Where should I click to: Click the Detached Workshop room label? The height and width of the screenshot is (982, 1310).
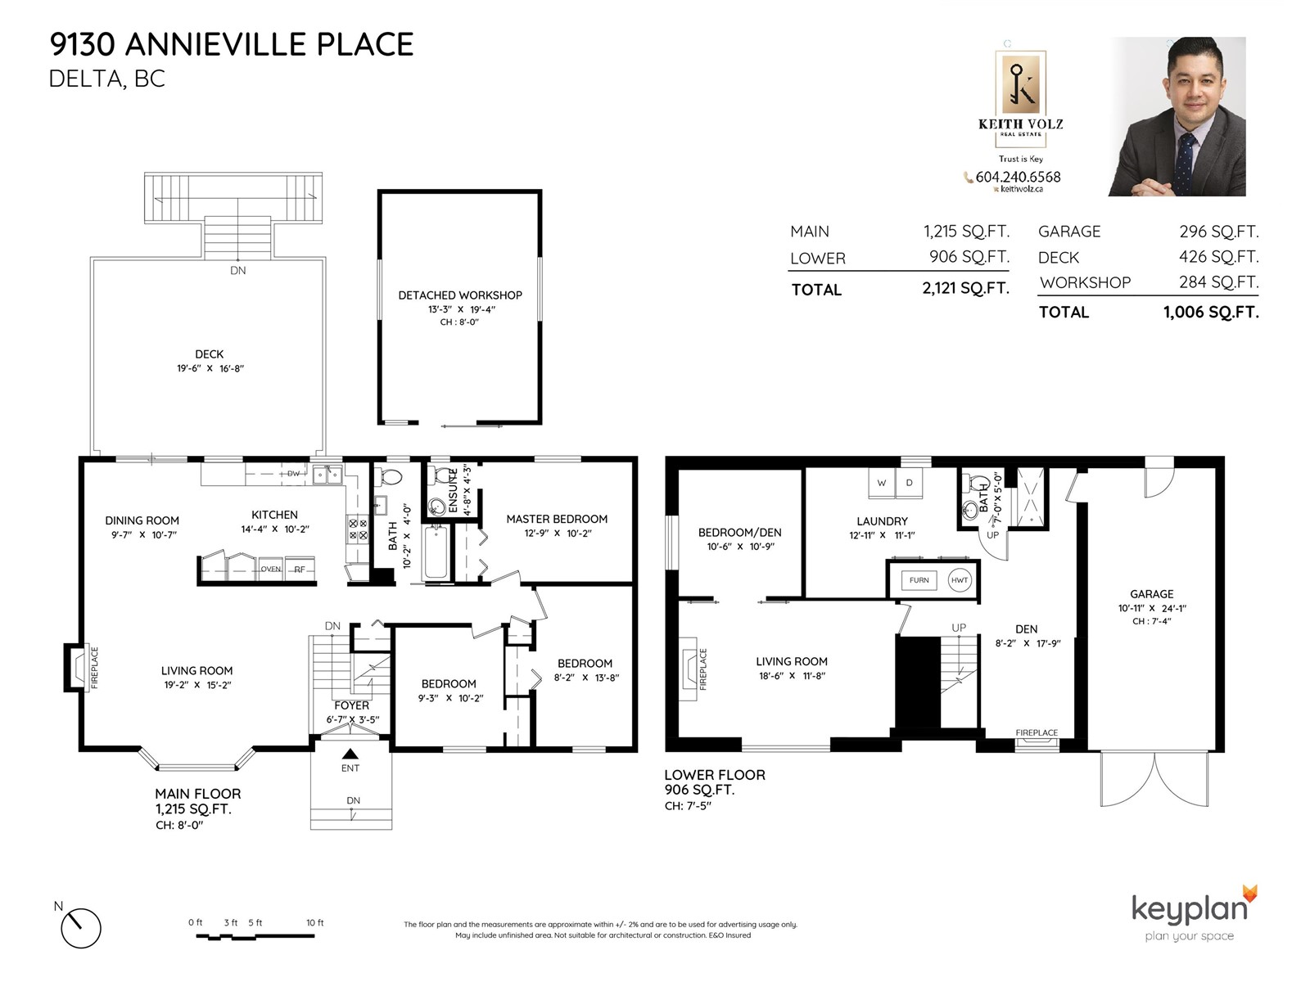click(459, 295)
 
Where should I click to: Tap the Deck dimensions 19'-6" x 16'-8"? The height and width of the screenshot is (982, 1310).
click(210, 368)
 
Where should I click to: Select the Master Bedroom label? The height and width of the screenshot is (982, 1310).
click(557, 520)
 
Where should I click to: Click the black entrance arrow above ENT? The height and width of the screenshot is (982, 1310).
click(350, 754)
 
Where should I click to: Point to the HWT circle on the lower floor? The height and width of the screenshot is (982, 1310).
click(959, 580)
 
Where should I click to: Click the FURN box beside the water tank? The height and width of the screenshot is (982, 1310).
click(919, 580)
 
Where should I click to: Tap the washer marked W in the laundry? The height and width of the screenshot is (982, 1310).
click(882, 483)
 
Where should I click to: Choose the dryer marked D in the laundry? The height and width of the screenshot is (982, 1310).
click(909, 483)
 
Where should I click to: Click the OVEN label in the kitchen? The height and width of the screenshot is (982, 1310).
click(270, 569)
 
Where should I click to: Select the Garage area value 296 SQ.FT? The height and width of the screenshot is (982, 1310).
click(1218, 232)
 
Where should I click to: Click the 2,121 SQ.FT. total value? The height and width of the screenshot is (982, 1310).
click(965, 289)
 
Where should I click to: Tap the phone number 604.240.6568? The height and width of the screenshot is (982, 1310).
click(1019, 177)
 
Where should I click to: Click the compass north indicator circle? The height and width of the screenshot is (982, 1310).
click(81, 928)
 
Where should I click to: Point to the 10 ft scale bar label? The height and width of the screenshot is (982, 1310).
click(315, 922)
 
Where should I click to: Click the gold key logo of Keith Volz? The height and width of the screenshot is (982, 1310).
click(1020, 83)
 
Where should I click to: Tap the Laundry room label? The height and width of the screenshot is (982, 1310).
click(882, 521)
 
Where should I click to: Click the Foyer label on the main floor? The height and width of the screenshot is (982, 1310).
click(351, 705)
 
